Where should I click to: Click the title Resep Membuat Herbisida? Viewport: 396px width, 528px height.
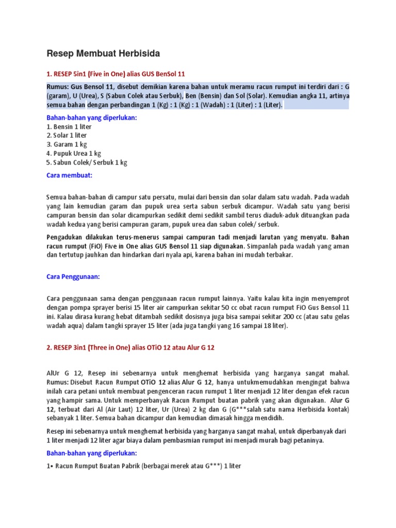click(103, 53)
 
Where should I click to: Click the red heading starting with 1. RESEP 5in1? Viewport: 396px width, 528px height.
click(115, 74)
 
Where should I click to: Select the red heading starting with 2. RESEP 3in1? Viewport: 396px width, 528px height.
click(130, 348)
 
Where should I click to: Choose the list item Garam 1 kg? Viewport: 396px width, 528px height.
click(67, 144)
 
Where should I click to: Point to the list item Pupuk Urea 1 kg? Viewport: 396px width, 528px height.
click(73, 153)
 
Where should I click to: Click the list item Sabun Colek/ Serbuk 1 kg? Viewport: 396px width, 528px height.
click(87, 162)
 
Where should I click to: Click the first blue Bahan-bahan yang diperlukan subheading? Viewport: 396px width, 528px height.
click(91, 118)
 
